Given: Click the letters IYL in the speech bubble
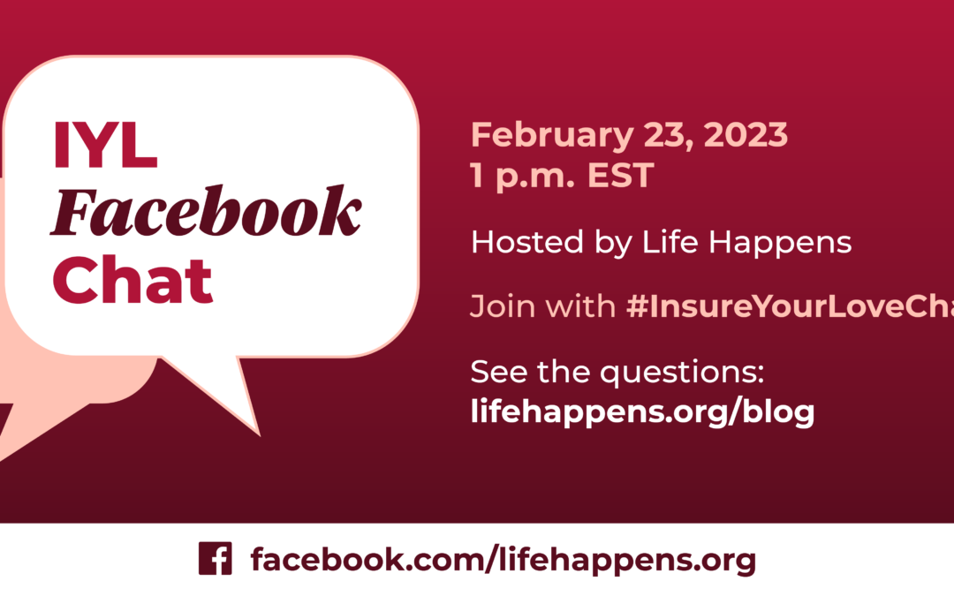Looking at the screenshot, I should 105,146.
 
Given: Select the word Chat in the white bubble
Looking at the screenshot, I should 132,279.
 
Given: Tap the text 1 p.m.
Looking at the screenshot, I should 521,177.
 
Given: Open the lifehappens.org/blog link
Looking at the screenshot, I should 642,411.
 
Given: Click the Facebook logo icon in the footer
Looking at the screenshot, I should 215,559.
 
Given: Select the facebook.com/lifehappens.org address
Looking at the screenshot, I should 503,559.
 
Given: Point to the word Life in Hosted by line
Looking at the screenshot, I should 678,241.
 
